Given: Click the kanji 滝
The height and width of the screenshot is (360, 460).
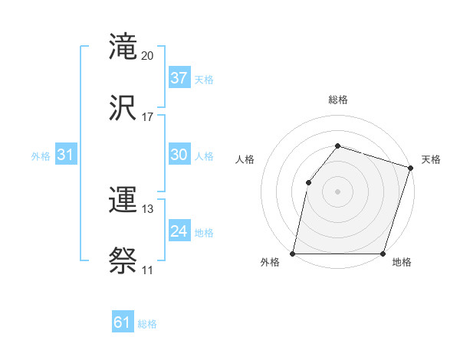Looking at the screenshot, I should point(123,46).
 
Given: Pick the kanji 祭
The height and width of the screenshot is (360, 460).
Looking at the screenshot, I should point(123,261).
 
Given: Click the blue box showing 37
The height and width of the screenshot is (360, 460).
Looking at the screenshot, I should point(179,77).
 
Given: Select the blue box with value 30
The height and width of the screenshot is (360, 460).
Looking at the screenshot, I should point(179,154).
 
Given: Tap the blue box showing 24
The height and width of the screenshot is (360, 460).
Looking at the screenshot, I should point(179,231).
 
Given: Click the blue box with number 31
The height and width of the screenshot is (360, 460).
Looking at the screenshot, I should point(66,154).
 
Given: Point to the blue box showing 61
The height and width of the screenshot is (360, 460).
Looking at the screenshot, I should point(123,322).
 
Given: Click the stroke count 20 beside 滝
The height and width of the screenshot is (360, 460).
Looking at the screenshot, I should point(148,56).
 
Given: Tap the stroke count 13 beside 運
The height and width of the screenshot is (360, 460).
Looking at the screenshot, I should point(148,209).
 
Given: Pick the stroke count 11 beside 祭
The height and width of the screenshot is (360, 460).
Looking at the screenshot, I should point(148,270).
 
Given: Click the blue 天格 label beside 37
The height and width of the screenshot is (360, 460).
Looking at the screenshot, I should point(204,80).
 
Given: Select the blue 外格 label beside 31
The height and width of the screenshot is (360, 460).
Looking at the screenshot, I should point(41,156).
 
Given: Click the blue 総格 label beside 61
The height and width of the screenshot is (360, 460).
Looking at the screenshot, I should point(147,325).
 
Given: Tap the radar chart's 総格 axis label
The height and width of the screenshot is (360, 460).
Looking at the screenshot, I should point(338,100).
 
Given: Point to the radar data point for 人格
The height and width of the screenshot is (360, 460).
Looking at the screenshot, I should point(308,182).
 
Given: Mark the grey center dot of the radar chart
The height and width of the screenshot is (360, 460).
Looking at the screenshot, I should point(337,191).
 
